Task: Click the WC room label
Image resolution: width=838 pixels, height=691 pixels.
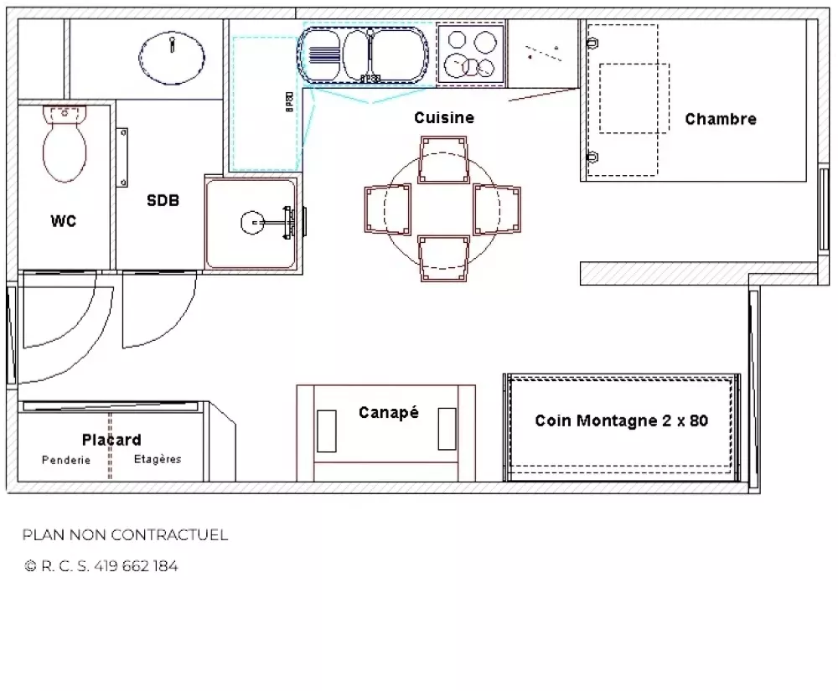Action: [64, 221]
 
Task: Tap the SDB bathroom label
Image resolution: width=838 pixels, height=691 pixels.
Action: [163, 200]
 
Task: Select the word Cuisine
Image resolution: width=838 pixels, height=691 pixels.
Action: [444, 117]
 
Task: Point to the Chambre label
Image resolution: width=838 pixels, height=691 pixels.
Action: [721, 119]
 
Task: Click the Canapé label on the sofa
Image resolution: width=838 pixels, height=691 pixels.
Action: [389, 412]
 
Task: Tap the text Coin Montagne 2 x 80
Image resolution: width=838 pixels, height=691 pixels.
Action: [622, 420]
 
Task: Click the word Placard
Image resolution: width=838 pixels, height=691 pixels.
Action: [111, 440]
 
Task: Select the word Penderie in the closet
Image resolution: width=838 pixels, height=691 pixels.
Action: [66, 460]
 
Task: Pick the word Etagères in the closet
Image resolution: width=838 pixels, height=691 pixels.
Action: [158, 459]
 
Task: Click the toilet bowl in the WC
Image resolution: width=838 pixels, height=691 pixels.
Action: [65, 144]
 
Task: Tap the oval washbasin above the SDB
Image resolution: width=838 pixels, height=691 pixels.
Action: [172, 58]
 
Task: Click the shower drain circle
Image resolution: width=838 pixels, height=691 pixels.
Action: [252, 223]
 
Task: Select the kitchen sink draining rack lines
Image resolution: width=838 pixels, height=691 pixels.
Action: [323, 54]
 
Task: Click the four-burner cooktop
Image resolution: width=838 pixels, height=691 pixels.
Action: [470, 54]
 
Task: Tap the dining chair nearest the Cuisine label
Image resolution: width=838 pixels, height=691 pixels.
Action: [443, 160]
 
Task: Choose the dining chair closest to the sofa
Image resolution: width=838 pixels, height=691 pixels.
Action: [443, 259]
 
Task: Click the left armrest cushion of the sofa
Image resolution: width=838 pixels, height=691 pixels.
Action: [327, 431]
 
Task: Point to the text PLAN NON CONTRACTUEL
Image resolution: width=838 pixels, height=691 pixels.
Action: [125, 534]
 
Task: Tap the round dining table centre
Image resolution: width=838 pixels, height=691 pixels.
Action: [442, 210]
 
